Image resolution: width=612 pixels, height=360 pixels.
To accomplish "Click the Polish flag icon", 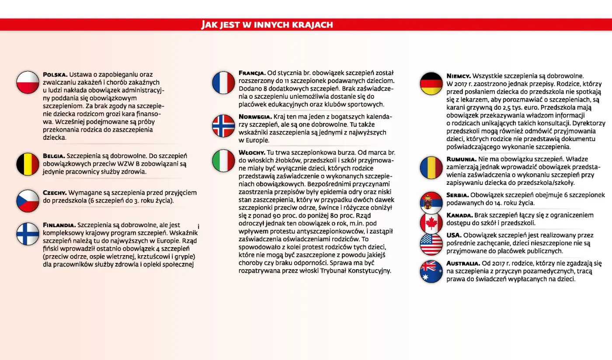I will (x=28, y=83).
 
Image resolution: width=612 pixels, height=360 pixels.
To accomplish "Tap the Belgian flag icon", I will (x=28, y=164).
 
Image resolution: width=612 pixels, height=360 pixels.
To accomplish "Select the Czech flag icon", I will (x=28, y=201).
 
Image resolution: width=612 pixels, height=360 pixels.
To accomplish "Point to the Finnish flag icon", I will (x=28, y=234).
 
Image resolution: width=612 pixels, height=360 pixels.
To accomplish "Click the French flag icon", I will (x=223, y=83).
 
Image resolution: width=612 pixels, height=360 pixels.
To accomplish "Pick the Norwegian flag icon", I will (x=223, y=126).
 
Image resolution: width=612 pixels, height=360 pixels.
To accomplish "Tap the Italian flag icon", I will (x=223, y=161).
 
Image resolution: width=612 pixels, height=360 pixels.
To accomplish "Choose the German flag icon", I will (x=431, y=83).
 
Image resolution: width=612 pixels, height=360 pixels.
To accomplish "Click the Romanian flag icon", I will (x=431, y=168).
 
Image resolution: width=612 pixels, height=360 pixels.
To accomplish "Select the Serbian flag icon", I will (x=431, y=202).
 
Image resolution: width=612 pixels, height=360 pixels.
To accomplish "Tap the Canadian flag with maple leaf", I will (x=431, y=223).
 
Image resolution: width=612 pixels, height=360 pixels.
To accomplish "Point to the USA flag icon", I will (x=431, y=244).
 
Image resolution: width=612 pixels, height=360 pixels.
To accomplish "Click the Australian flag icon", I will (x=431, y=271).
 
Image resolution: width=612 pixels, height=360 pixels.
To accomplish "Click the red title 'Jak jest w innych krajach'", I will (x=267, y=24).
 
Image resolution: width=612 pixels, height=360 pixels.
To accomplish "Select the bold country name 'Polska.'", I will (x=55, y=75).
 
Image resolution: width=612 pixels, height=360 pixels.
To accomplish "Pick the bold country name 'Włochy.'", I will (x=252, y=152).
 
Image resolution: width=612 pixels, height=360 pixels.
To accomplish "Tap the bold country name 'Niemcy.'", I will (x=459, y=76).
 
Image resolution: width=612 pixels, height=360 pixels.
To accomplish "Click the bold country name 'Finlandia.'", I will (x=59, y=225).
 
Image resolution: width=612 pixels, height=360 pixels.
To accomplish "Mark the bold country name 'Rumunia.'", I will (x=461, y=159).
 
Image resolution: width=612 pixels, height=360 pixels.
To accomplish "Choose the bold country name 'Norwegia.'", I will (x=255, y=117).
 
